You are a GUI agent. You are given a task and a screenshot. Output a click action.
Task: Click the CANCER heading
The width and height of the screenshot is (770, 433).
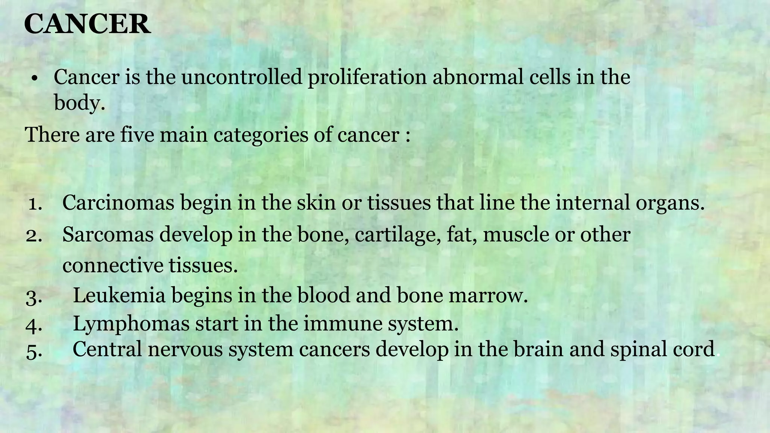click(87, 24)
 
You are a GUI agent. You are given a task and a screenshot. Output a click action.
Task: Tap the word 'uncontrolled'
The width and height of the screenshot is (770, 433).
click(242, 77)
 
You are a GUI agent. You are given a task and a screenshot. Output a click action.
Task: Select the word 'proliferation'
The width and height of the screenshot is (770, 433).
click(367, 78)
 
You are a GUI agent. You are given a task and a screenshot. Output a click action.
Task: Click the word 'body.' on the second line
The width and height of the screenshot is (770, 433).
click(79, 102)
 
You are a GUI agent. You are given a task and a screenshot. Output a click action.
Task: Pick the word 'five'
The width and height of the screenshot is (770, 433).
click(137, 135)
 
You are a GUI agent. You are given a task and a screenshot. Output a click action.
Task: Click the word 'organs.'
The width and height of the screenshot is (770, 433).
click(670, 203)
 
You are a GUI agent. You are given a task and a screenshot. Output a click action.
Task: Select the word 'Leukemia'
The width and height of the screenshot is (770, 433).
click(119, 295)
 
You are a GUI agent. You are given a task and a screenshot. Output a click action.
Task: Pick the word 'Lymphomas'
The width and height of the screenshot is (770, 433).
click(131, 324)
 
